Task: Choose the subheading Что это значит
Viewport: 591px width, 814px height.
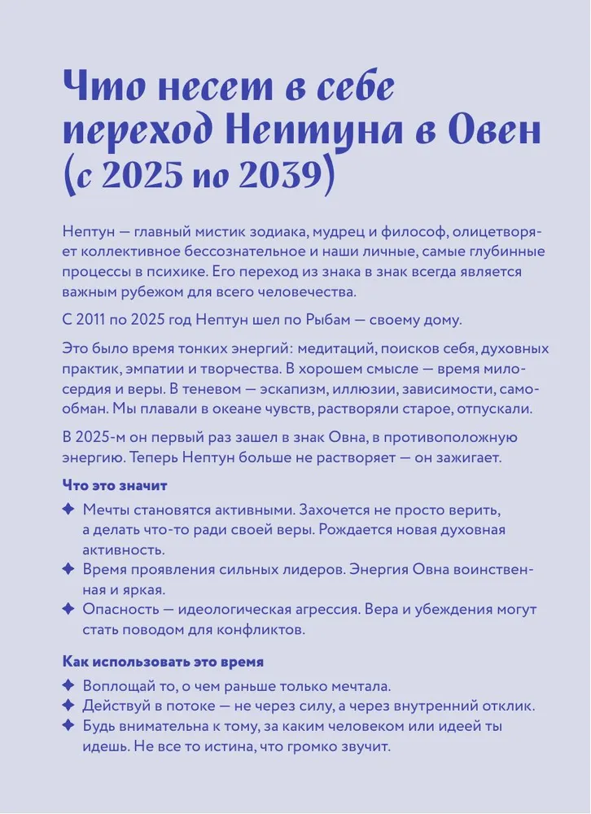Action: point(115,486)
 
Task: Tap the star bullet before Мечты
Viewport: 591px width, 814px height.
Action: point(68,510)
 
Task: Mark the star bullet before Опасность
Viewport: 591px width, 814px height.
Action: point(68,609)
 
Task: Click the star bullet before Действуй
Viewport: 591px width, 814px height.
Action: point(68,706)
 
